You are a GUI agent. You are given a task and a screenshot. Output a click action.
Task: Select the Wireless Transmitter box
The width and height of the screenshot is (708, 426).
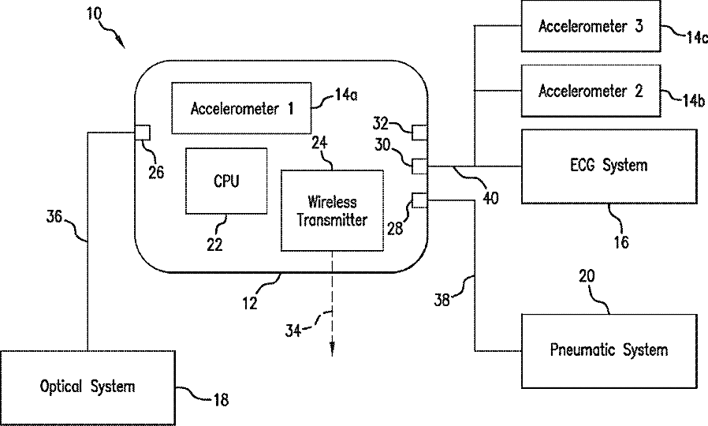pyautogui.click(x=331, y=210)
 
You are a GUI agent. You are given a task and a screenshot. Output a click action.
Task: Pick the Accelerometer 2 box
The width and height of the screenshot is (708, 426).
pyautogui.click(x=590, y=91)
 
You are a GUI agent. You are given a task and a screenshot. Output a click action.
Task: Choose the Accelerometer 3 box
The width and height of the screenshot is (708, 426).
pyautogui.click(x=590, y=26)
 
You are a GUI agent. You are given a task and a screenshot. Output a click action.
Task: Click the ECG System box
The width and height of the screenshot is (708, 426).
pyautogui.click(x=609, y=166)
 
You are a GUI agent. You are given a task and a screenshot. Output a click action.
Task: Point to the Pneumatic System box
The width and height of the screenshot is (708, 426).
pyautogui.click(x=609, y=349)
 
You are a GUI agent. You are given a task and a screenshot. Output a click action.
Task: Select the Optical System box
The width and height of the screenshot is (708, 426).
pyautogui.click(x=88, y=387)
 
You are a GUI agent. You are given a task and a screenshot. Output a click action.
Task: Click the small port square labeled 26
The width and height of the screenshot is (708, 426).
pyautogui.click(x=143, y=132)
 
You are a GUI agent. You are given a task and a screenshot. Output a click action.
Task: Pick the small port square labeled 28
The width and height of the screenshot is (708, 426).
pyautogui.click(x=418, y=200)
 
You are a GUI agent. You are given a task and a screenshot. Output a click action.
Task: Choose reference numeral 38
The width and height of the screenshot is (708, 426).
pyautogui.click(x=445, y=299)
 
